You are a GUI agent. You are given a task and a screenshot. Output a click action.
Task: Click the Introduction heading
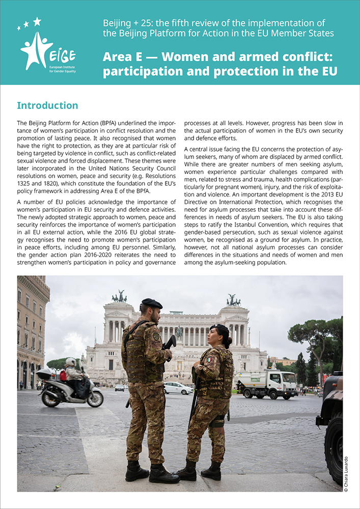point(47,105)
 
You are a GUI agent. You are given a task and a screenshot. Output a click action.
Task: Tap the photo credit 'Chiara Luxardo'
point(346,473)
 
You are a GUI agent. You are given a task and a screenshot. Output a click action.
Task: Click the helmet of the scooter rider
point(70,362)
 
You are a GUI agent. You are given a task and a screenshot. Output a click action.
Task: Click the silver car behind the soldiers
point(178,388)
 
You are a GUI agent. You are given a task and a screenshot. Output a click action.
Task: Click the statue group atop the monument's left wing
point(119,296)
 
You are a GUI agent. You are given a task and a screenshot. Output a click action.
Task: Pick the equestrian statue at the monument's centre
point(179,333)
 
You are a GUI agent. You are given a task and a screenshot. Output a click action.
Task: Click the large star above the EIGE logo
point(37,21)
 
